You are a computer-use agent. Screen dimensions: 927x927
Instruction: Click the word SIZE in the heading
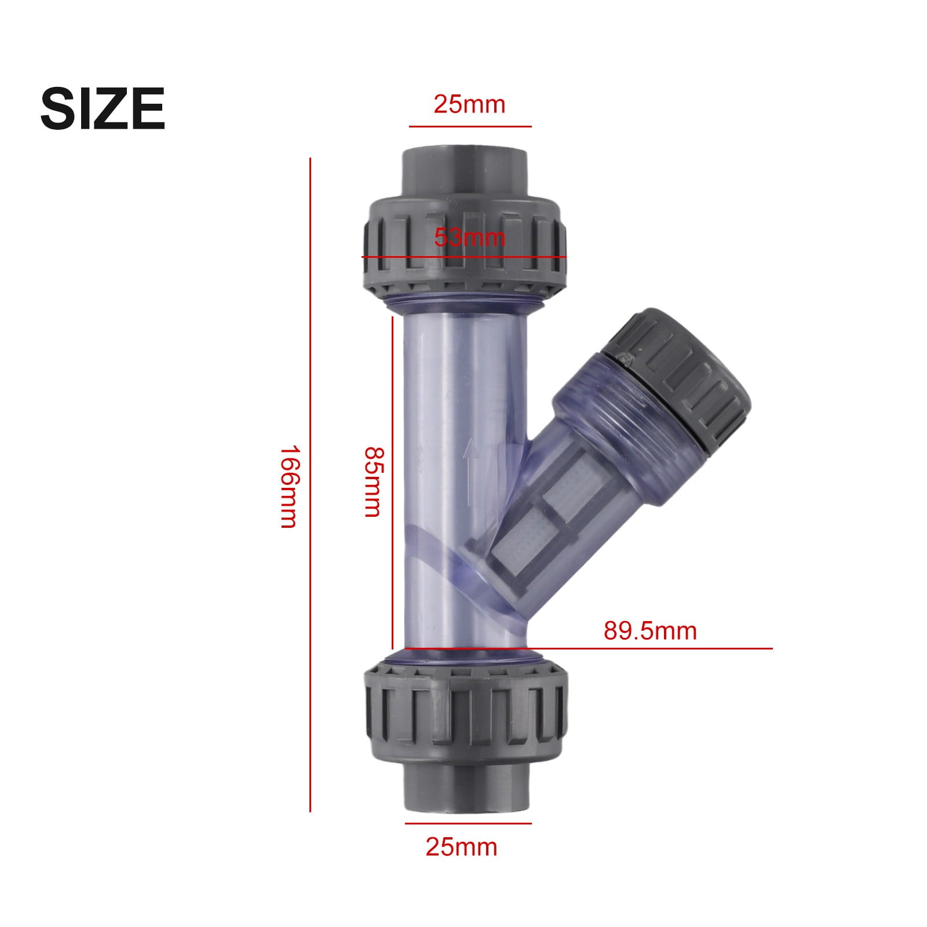click(103, 108)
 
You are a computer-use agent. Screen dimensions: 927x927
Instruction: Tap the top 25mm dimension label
click(469, 104)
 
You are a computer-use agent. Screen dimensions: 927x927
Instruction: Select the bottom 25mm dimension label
click(461, 846)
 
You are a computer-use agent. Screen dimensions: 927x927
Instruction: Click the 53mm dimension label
click(469, 238)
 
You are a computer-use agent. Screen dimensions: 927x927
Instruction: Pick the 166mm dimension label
click(288, 486)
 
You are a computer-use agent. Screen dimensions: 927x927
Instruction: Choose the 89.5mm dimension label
click(650, 630)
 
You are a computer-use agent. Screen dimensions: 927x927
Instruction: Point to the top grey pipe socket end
click(463, 171)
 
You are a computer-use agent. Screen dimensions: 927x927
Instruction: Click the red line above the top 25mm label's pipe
click(469, 126)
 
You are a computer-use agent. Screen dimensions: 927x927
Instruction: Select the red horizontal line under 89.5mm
click(649, 648)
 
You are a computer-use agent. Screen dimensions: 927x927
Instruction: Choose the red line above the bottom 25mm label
click(468, 823)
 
